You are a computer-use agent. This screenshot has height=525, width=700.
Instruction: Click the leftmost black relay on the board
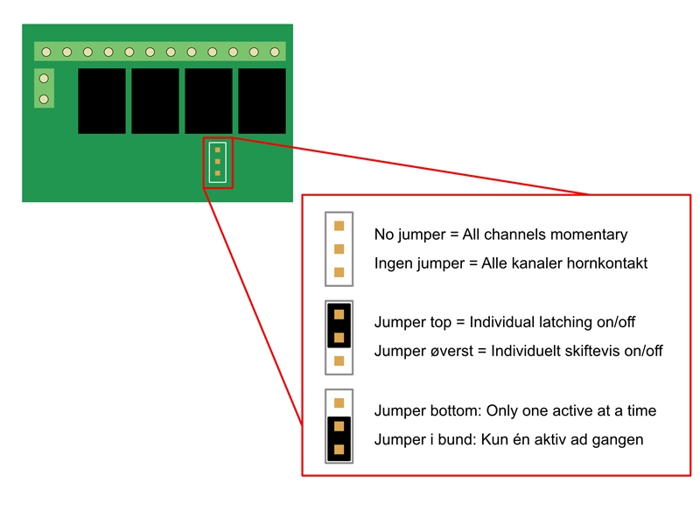coord(101,101)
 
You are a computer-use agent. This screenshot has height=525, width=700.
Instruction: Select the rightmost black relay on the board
coord(262,101)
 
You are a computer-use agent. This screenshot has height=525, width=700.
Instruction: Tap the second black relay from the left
coord(155,101)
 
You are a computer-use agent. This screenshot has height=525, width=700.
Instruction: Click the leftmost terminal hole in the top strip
coord(46,52)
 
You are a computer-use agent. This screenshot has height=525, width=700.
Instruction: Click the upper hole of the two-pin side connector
coord(44,79)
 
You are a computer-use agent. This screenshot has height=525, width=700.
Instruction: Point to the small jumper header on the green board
coord(217,162)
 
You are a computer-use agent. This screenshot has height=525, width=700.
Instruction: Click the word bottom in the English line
coord(451,410)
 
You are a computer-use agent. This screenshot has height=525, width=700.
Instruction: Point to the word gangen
coord(617,439)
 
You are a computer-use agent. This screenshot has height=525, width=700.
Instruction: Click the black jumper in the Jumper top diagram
coord(339,325)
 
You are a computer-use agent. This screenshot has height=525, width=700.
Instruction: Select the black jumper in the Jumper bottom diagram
coord(339,438)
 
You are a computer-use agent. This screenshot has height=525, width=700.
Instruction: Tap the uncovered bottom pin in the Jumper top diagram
coord(339,360)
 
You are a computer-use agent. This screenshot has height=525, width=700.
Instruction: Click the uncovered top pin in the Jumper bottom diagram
coord(339,403)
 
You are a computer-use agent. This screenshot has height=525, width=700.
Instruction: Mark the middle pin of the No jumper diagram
coord(339,248)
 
